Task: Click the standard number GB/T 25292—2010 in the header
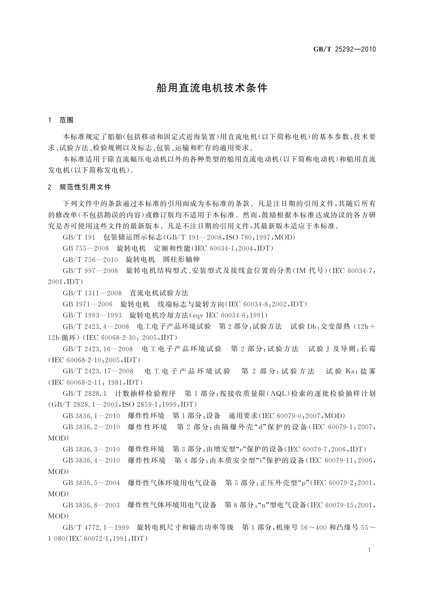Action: tap(344, 49)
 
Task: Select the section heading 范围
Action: tap(67, 120)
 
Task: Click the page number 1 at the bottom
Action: tap(369, 550)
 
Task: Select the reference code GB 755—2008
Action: tap(85, 248)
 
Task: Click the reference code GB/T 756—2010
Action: tap(90, 260)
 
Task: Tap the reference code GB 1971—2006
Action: tap(87, 304)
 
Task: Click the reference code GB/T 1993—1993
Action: tap(92, 315)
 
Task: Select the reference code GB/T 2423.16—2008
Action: tap(98, 349)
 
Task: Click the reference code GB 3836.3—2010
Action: tap(91, 449)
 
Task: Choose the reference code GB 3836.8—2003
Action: tap(91, 505)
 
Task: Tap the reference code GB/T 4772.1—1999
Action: tap(96, 527)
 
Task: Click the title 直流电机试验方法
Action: tap(159, 293)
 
